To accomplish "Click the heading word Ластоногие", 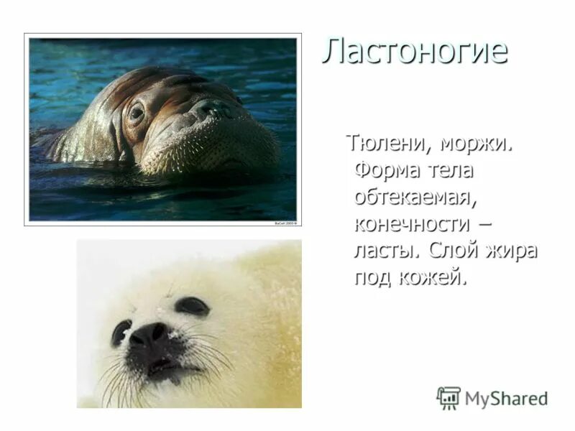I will coord(414,52).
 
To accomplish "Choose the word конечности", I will coord(413,223).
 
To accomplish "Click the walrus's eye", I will coord(136,113).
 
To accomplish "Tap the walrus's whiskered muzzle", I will coord(216,144).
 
